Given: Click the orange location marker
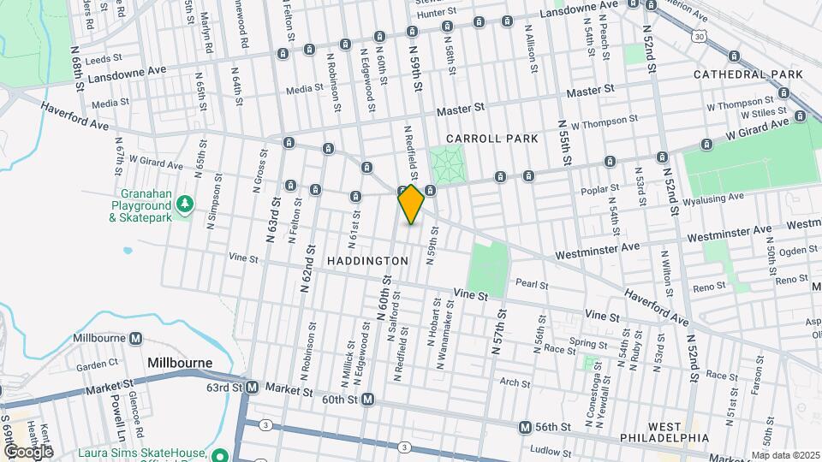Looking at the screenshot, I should (411, 204).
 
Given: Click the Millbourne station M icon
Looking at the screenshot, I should (134, 339).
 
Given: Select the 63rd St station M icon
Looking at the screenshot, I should (252, 388).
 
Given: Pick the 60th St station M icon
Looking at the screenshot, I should (367, 399).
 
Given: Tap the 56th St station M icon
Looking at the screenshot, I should (526, 427).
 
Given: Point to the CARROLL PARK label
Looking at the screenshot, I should (491, 139).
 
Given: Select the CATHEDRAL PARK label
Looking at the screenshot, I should (748, 75).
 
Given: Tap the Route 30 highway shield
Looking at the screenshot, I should (700, 36).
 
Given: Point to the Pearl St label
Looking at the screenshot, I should (531, 284).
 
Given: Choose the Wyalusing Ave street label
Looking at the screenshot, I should (759, 196).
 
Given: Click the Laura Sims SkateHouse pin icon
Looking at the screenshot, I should (220, 454).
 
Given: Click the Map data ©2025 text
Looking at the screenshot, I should (785, 455).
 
